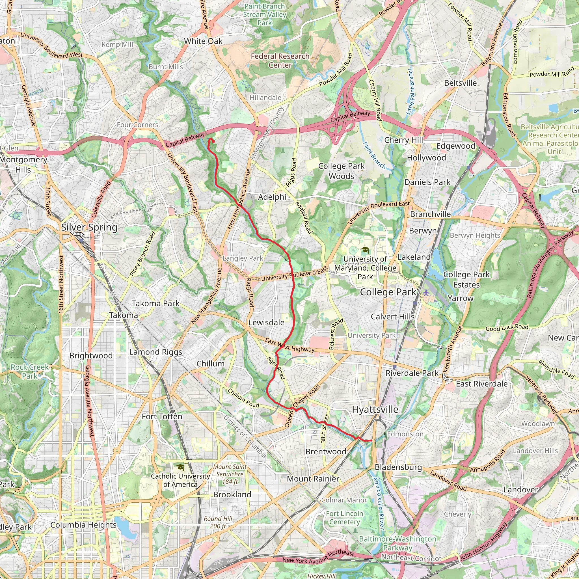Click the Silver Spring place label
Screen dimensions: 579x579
point(89,227)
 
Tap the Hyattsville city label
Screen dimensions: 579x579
point(375,409)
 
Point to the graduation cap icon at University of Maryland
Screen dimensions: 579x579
point(365,250)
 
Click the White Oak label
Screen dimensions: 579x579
point(203,41)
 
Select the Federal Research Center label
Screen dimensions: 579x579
point(280,61)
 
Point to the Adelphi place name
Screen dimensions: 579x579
point(272,197)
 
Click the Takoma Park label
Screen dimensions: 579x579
point(155,304)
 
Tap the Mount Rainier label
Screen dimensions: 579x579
point(313,479)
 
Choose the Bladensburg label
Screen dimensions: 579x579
point(398,467)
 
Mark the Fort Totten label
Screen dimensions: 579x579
point(162,416)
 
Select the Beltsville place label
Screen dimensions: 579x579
point(460,83)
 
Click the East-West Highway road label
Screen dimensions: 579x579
point(289,345)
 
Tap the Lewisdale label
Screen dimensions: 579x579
point(266,323)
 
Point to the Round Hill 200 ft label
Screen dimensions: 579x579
point(218,522)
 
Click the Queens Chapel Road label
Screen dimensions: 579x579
point(302,406)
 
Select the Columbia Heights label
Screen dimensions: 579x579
point(83,525)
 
